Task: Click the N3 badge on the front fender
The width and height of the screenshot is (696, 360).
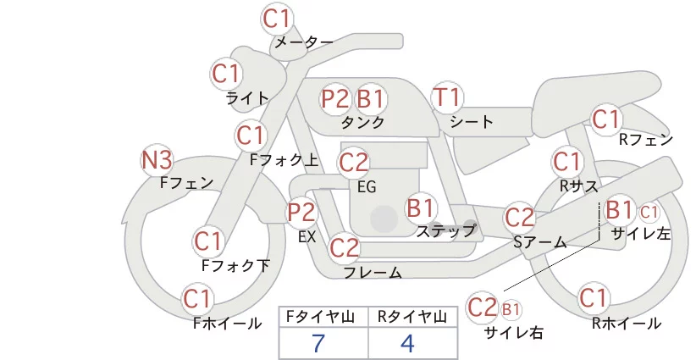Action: click(x=157, y=161)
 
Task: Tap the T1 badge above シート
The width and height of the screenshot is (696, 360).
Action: click(x=447, y=97)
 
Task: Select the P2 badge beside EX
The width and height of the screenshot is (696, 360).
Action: click(x=301, y=212)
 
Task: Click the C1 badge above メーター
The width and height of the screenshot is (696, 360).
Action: click(x=276, y=19)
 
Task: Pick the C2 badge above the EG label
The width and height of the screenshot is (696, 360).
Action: click(x=354, y=163)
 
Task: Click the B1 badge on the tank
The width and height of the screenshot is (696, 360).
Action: click(x=371, y=98)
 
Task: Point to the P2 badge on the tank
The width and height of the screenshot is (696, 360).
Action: click(x=335, y=98)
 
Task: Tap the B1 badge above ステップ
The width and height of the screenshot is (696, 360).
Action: click(x=421, y=208)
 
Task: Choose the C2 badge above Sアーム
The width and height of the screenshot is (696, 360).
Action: click(x=519, y=218)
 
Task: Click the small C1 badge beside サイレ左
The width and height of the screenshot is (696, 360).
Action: click(x=649, y=213)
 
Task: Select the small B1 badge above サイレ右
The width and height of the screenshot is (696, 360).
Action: click(x=511, y=309)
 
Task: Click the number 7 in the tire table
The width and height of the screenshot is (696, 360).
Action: click(x=318, y=343)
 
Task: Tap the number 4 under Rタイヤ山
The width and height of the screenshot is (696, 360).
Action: click(x=407, y=343)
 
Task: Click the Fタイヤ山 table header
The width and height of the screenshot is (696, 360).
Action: click(x=320, y=317)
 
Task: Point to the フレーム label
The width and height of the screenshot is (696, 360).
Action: click(x=373, y=273)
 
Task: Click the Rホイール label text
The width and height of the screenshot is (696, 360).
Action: click(x=627, y=324)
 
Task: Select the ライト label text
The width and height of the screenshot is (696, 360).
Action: click(x=247, y=97)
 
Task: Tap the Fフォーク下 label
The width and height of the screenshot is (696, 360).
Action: click(x=235, y=265)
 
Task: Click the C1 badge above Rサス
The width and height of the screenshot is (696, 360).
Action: click(x=566, y=162)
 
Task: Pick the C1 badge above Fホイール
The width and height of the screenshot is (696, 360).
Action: click(x=196, y=299)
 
